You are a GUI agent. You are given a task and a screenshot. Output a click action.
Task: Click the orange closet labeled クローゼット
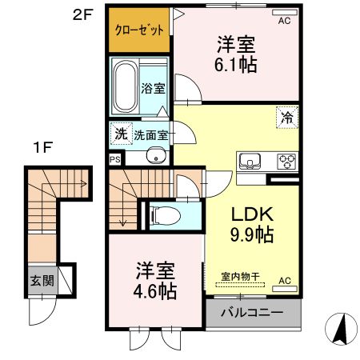(139, 30)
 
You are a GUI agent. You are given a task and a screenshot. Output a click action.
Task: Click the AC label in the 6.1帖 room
(283, 22)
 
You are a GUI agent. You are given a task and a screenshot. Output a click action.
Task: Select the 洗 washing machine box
(119, 134)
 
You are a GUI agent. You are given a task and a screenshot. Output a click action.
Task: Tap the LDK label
(252, 214)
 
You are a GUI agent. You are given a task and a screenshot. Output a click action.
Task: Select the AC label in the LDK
(283, 281)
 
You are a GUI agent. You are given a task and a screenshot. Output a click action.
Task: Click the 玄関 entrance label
(42, 281)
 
